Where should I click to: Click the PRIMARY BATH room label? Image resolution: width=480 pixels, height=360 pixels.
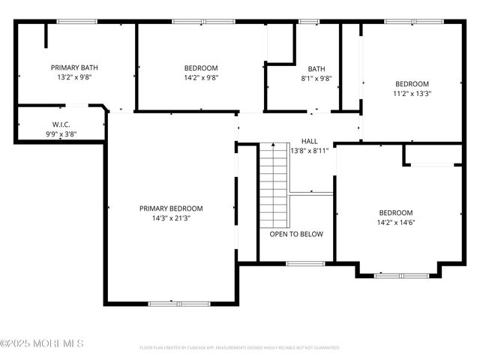click(74, 67)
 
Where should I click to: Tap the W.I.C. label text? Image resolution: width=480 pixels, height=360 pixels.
click(61, 124)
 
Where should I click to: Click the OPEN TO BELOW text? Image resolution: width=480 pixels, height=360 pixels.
click(296, 234)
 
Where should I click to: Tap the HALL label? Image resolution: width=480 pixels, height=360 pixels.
click(309, 141)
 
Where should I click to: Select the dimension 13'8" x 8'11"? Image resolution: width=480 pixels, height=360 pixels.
click(309, 150)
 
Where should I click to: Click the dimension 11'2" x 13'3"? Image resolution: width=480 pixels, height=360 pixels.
click(412, 94)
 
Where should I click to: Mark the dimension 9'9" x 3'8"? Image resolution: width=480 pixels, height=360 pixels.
click(61, 134)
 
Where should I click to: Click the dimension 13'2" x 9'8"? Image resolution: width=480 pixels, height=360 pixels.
click(74, 77)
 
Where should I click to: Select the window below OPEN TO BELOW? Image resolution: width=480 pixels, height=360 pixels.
click(305, 263)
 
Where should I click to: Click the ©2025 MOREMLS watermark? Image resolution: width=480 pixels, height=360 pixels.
click(42, 343)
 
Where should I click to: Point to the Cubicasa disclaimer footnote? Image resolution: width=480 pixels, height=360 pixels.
click(240, 348)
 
